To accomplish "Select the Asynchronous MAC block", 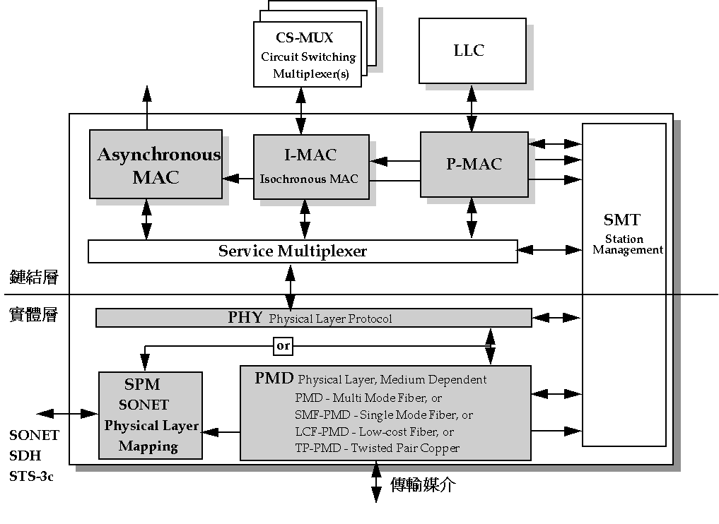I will tap(156, 165).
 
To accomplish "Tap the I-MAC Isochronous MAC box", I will tap(311, 166).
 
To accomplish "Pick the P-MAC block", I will tap(474, 164).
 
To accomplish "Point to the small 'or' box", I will tap(283, 346).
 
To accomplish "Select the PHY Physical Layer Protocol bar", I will tap(313, 318).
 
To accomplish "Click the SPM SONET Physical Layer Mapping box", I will tap(151, 415).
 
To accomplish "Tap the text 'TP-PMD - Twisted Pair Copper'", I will tap(377, 448).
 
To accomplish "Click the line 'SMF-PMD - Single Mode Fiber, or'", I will tap(384, 415).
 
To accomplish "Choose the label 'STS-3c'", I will tap(32, 476).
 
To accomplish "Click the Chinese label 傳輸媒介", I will tap(423, 484).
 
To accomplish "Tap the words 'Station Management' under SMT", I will tap(628, 244).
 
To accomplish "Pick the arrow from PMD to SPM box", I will tap(221, 431).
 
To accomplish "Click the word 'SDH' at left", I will tap(25, 456).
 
